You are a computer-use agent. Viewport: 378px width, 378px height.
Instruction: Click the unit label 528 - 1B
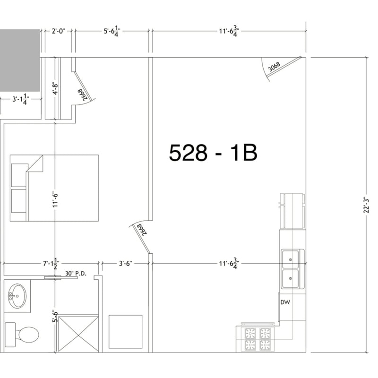pos(213,153)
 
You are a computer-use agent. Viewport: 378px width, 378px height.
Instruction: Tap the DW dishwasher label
pos(285,302)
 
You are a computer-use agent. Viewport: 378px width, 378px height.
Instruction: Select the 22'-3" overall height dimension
pos(367,205)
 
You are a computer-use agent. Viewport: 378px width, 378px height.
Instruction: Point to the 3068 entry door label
pos(275,67)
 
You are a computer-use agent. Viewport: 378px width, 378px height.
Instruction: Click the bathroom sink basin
pos(17,296)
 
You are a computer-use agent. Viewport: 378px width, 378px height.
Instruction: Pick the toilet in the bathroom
pos(22,335)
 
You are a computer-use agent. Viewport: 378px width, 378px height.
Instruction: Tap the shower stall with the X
pos(78,334)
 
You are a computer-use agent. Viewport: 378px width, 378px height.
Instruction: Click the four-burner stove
pos(258,339)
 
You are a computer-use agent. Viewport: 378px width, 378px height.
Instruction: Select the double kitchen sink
pos(292,269)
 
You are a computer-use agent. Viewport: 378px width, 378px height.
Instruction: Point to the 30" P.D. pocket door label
pos(76,274)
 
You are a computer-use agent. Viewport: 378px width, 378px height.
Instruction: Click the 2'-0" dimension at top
pos(58,31)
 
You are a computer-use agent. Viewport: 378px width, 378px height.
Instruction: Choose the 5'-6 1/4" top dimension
pos(112,31)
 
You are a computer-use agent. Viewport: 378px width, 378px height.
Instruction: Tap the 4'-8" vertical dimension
pos(55,89)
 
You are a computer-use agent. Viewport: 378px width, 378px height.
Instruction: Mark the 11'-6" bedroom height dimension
pos(55,200)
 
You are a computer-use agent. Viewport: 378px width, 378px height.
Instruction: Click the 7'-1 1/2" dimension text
pos(51,264)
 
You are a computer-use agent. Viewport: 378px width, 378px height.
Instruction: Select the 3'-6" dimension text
pos(126,264)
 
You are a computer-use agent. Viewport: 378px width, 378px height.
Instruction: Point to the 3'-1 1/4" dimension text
pos(21,99)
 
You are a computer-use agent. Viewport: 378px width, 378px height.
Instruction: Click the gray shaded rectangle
pos(20,60)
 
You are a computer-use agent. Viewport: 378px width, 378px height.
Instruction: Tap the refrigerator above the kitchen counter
pos(292,211)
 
